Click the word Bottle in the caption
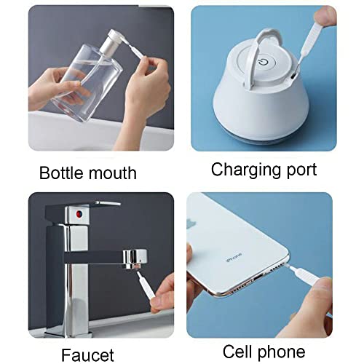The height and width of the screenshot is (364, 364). coord(60,173)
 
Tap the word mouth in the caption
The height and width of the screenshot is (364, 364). coord(112,173)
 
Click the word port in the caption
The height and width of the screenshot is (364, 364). coord(301,170)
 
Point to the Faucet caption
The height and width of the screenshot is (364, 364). coord(87,355)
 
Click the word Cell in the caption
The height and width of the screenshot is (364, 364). coord(237,352)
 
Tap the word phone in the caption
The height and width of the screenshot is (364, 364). coord(281,352)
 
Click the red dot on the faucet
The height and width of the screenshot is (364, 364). coord(79,214)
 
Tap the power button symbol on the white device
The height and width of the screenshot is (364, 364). coord(264,62)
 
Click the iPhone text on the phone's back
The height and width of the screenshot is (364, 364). coord(234,257)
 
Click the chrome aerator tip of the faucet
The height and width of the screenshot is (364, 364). coord(134,259)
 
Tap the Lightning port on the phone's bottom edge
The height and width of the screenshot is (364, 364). coord(257,277)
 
